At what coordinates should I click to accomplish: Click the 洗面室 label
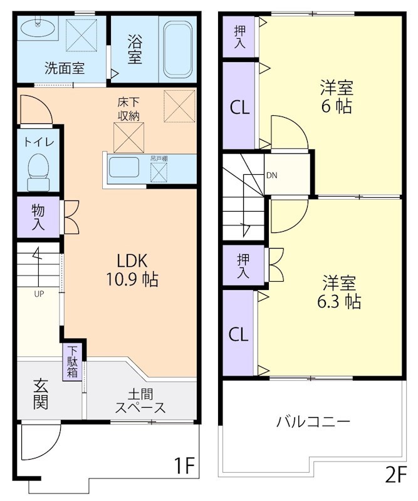click(64, 68)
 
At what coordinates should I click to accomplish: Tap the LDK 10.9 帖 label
click(132, 268)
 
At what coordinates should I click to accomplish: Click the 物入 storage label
click(38, 217)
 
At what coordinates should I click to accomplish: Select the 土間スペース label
click(140, 401)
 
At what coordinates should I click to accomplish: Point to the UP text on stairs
click(39, 292)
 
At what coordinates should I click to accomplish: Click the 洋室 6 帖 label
click(337, 96)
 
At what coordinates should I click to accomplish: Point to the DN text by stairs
click(271, 175)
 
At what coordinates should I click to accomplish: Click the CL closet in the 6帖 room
click(239, 107)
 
